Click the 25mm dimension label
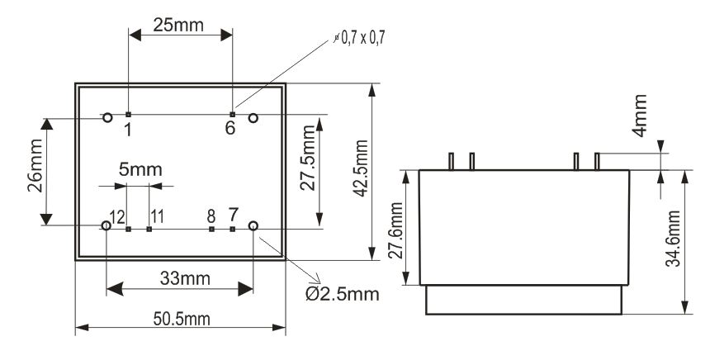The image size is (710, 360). tap(178, 25)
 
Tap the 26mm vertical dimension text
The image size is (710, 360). tap(35, 166)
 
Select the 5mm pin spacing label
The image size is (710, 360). tap(140, 169)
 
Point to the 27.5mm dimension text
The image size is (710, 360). tap(309, 158)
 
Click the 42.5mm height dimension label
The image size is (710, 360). tap(361, 168)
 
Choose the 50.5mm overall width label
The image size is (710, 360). tap(182, 319)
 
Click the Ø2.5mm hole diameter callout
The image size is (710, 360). tap(343, 294)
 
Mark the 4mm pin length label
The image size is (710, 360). tap(640, 116)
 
